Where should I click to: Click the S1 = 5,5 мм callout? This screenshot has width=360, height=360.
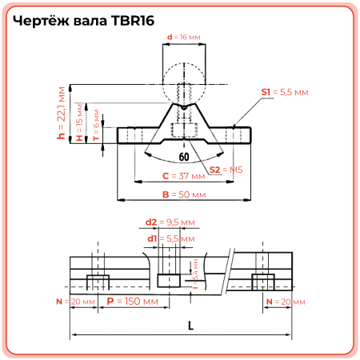[x=284, y=93]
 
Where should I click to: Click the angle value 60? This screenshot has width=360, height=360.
[x=184, y=157]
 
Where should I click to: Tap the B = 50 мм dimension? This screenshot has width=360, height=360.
[x=180, y=195]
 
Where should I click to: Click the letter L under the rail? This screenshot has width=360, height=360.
[x=190, y=325]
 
